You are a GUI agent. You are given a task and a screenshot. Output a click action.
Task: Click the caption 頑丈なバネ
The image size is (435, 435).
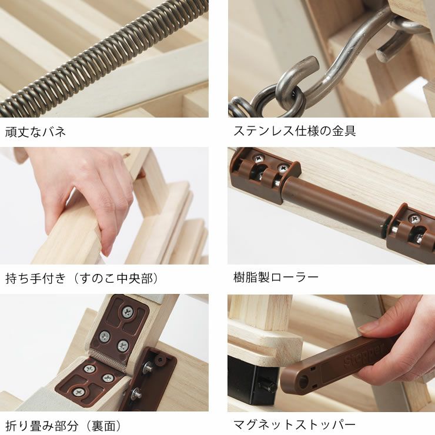35,131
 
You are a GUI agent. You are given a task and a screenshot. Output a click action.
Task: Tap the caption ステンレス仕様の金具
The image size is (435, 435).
295,131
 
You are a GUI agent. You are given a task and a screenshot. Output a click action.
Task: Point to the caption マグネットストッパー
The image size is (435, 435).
295,424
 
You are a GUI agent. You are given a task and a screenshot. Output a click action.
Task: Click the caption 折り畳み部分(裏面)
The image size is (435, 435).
63,424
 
